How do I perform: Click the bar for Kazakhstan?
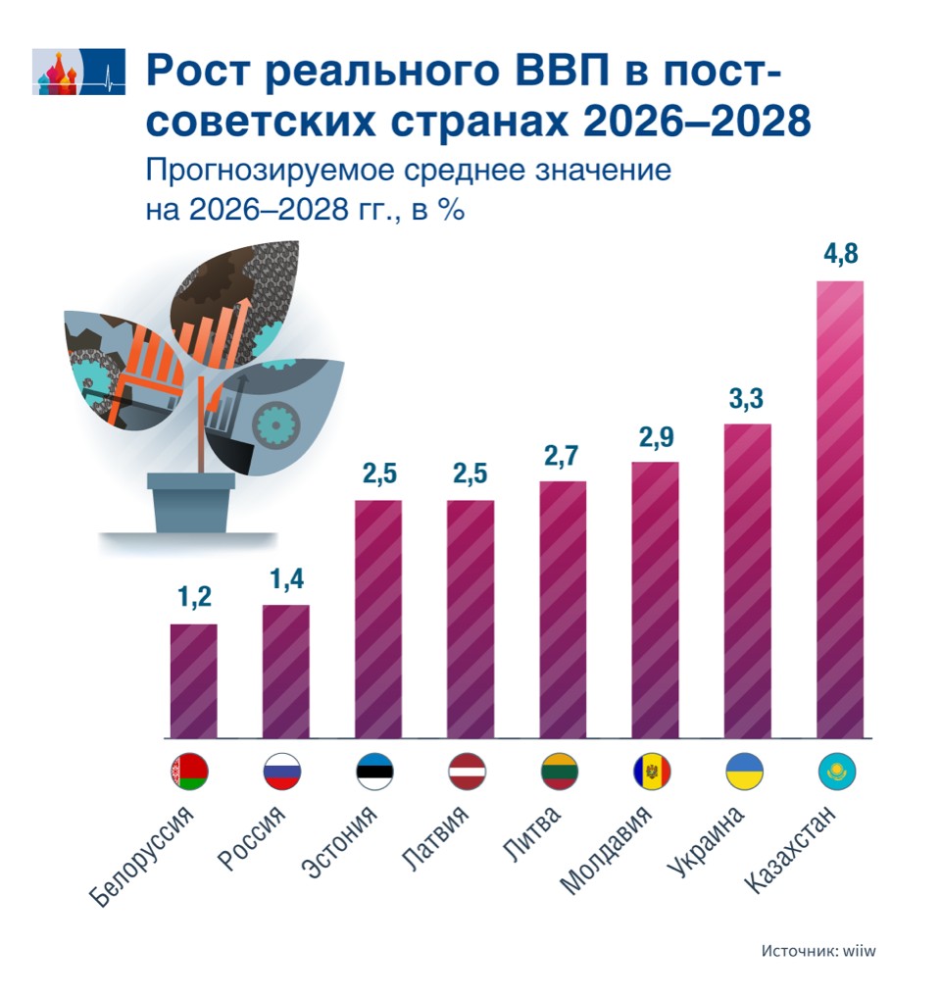tap(840, 509)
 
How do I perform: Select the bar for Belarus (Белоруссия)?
tap(193, 680)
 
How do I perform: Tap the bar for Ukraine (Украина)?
tap(747, 580)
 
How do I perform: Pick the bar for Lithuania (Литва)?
tap(563, 609)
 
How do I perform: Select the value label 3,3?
tap(747, 400)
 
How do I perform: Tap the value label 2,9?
tap(655, 437)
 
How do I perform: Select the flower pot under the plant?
tap(191, 503)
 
